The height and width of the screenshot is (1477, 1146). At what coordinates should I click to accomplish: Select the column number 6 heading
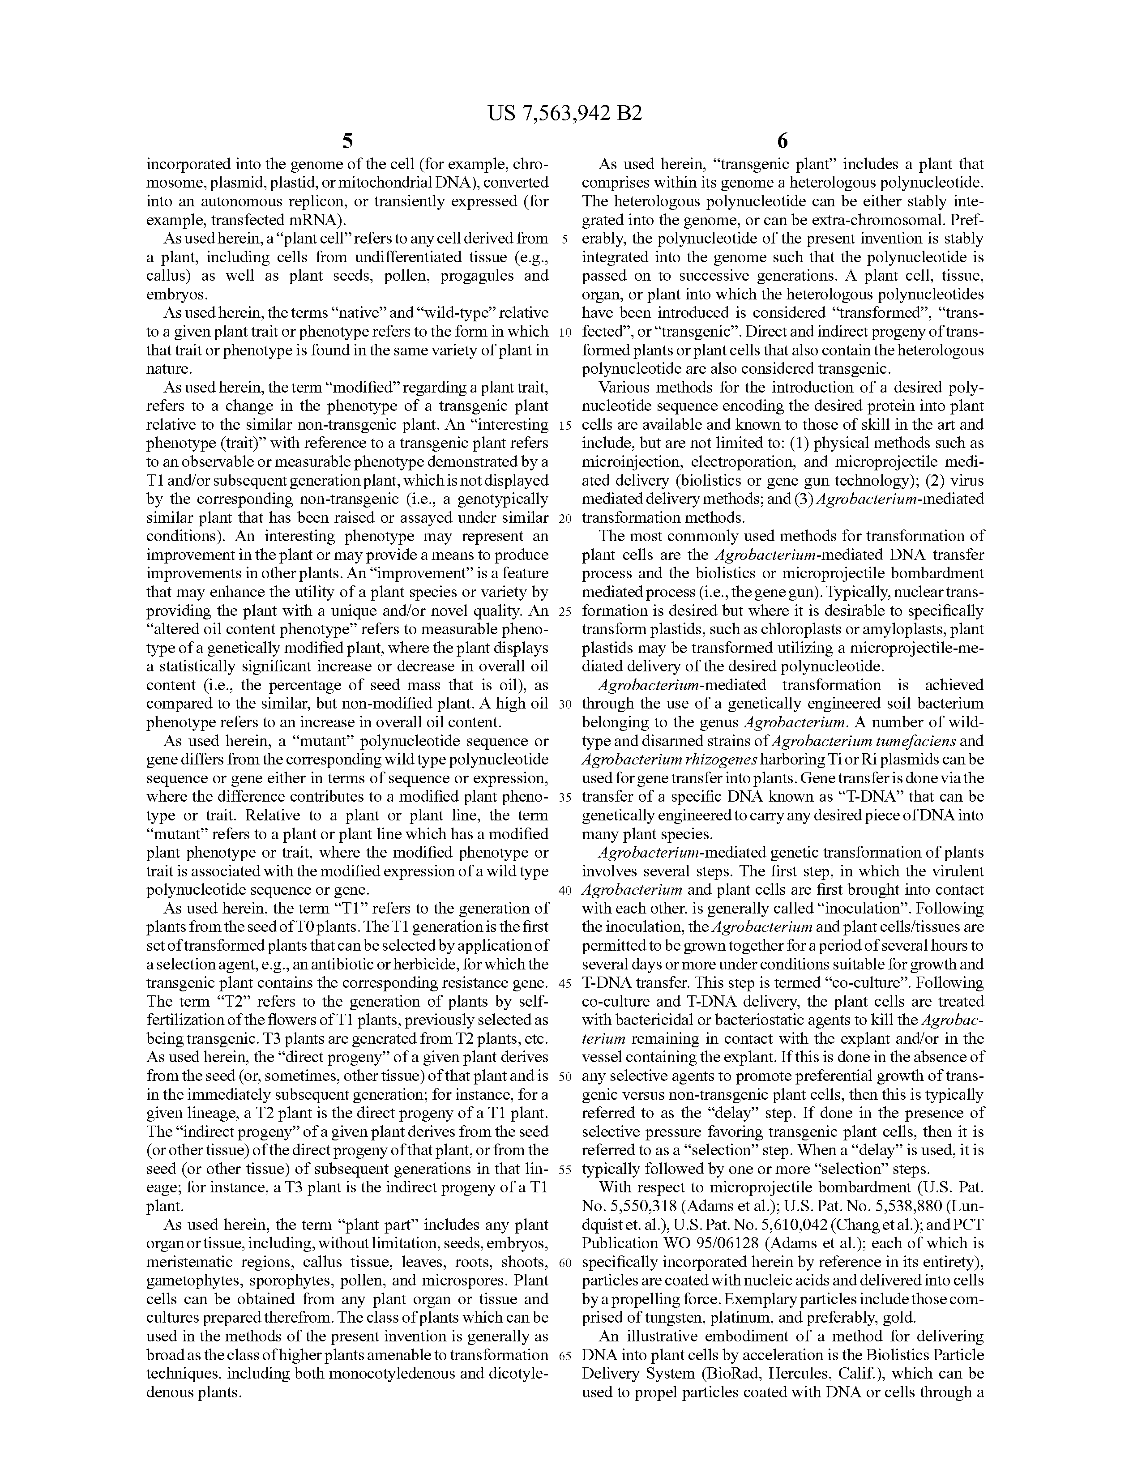[783, 141]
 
